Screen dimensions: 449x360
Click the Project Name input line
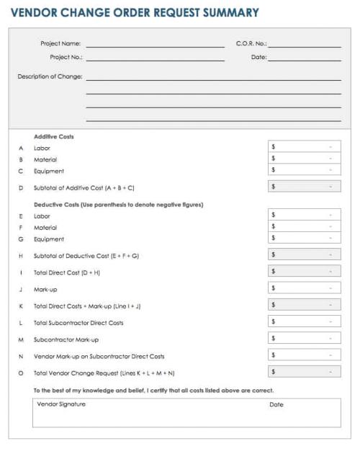click(x=155, y=45)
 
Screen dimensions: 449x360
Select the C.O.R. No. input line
click(x=305, y=45)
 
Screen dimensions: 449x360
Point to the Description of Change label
click(x=50, y=76)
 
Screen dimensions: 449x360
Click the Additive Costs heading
click(x=53, y=136)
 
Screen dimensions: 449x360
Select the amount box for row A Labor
click(x=304, y=147)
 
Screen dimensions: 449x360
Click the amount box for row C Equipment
click(x=304, y=170)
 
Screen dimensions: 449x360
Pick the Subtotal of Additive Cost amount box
click(x=304, y=187)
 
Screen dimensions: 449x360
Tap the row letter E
click(x=21, y=216)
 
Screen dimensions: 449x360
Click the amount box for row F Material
click(x=304, y=226)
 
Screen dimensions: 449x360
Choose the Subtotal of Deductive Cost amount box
click(x=304, y=254)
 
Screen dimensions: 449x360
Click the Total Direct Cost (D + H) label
click(x=67, y=272)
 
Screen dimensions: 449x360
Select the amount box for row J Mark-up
click(x=304, y=288)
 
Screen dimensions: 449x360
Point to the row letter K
click(x=21, y=306)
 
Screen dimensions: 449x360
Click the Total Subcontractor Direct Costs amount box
click(x=304, y=321)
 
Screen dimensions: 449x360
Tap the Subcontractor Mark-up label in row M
click(x=66, y=339)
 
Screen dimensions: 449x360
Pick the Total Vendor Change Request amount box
click(x=304, y=372)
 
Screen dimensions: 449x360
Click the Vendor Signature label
click(x=61, y=404)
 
